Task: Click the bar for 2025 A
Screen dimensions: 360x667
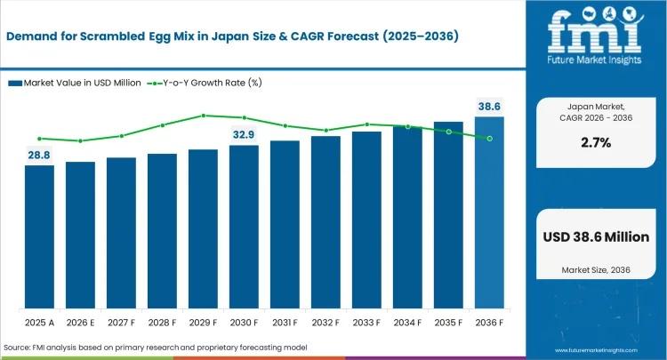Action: point(39,236)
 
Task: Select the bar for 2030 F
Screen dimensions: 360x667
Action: point(244,226)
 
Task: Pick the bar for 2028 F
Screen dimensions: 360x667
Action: point(162,230)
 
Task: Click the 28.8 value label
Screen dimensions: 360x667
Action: point(39,155)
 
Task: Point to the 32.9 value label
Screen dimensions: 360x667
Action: point(244,134)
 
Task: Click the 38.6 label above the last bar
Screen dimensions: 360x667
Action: point(490,106)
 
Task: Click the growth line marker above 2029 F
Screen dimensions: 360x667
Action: point(204,116)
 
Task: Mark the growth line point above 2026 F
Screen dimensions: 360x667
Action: point(80,140)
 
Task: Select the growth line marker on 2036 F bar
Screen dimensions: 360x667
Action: point(489,138)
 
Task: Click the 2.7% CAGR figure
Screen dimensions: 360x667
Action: point(594,141)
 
